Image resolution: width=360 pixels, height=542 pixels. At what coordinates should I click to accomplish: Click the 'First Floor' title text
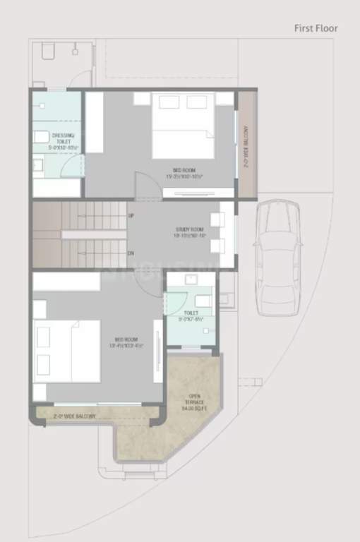tap(316, 28)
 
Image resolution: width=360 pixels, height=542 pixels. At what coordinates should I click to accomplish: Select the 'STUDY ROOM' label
tap(189, 232)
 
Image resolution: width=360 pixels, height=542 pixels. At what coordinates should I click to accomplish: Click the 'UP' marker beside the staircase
tap(131, 215)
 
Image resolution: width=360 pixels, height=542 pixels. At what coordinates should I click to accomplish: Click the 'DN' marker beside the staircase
tap(131, 253)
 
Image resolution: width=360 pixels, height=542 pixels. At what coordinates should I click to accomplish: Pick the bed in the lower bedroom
tap(66, 350)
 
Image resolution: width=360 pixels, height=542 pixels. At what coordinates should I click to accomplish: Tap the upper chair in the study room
tap(217, 220)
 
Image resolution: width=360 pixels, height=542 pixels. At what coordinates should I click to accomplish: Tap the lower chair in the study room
tap(217, 246)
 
